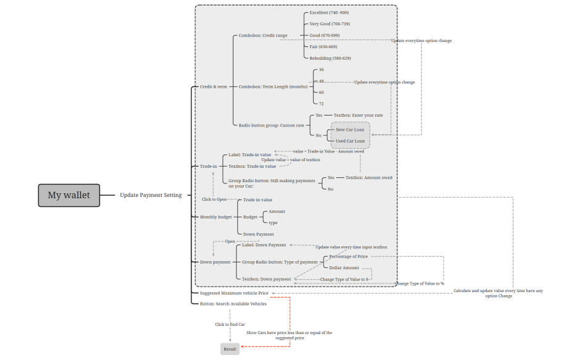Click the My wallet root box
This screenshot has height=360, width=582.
[69, 195]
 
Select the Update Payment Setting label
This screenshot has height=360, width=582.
[151, 195]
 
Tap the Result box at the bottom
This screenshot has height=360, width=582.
[230, 349]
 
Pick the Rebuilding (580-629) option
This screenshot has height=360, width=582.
[330, 58]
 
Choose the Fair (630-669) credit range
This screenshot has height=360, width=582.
[323, 47]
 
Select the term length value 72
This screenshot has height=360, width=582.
[321, 104]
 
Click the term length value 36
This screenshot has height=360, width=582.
[321, 70]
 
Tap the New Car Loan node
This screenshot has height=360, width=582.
[350, 130]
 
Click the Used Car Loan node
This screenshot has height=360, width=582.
[350, 141]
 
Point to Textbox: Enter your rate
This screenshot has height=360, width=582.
[358, 115]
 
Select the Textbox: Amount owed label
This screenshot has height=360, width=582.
[369, 178]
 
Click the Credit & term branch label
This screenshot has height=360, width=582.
[213, 87]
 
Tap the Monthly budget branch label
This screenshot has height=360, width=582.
[216, 217]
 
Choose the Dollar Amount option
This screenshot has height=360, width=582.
[344, 268]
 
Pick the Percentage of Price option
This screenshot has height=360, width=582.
[348, 256]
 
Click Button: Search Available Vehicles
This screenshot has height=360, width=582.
[233, 304]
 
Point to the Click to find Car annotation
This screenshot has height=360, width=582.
[230, 324]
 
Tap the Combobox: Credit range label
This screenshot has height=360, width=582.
[263, 36]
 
